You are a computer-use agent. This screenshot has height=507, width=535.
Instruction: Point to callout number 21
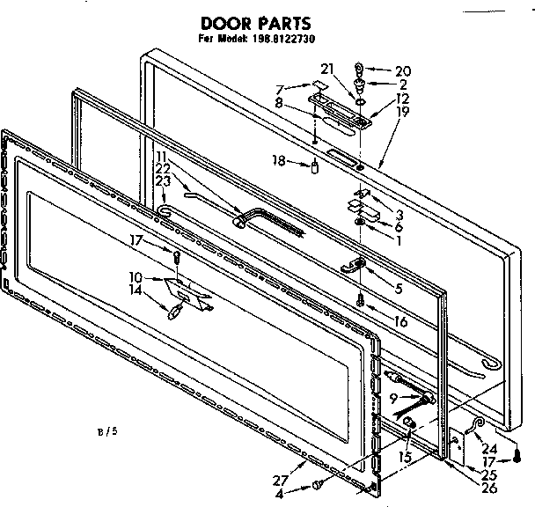point(326,70)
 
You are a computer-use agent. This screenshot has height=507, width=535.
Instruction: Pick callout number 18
point(280,161)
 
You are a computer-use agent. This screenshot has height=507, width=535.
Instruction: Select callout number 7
point(280,89)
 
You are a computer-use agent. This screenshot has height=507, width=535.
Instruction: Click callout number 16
point(400,321)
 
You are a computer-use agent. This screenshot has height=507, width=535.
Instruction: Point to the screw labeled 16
point(361,300)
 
